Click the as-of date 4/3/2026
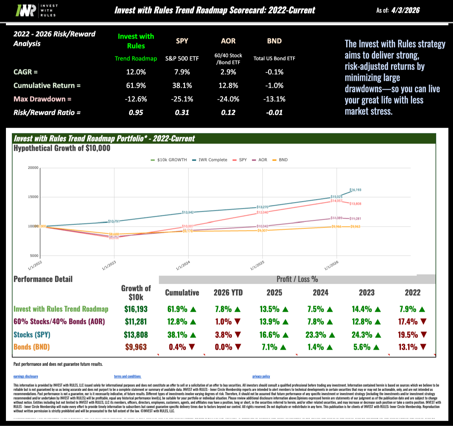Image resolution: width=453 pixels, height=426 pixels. tap(406, 10)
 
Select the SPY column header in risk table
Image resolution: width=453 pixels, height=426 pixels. tap(182, 41)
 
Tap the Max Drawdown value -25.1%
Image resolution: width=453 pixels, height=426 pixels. tap(182, 99)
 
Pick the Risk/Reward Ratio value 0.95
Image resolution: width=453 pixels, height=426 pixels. tap(136, 113)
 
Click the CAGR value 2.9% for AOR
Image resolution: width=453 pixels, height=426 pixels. tap(228, 72)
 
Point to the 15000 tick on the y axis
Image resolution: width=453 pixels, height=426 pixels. tap(33, 197)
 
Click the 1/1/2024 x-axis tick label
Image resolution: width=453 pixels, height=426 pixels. tap(183, 265)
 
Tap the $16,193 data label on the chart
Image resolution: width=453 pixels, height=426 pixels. tap(355, 190)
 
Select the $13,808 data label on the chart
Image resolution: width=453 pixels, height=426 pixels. tap(355, 204)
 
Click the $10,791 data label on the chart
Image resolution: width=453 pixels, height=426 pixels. tap(114, 221)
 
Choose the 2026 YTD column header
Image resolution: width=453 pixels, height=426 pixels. tap(228, 293)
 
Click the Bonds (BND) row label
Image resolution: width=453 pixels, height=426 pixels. tap(32, 347)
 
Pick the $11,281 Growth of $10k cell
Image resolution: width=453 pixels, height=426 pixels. tap(136, 322)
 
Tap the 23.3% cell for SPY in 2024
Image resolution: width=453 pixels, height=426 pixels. tap(316, 335)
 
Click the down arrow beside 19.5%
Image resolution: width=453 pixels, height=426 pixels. tap(424, 335)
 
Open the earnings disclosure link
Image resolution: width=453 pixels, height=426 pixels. tap(26, 377)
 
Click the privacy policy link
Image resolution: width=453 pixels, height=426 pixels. tap(261, 377)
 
